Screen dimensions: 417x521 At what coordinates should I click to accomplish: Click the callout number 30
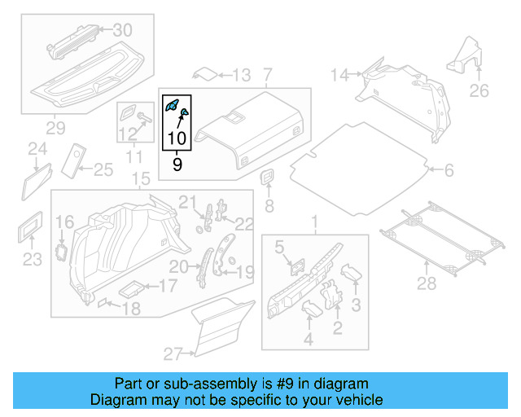click(121, 30)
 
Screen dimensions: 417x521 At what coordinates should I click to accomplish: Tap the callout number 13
click(241, 76)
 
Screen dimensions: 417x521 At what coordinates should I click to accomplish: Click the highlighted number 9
click(177, 164)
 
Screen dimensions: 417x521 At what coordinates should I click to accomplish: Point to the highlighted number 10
click(177, 139)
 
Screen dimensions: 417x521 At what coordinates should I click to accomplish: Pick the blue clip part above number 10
click(173, 104)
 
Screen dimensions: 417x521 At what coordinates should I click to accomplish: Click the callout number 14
click(339, 76)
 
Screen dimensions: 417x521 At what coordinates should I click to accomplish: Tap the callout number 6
click(449, 170)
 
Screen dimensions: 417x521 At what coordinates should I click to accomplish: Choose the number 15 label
click(141, 178)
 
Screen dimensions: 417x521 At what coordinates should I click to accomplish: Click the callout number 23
click(31, 260)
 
